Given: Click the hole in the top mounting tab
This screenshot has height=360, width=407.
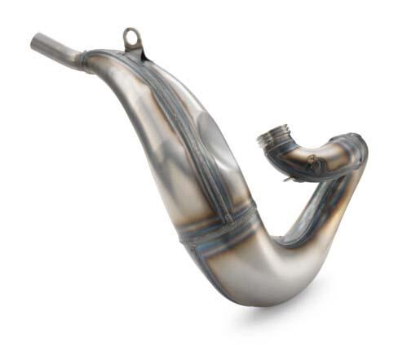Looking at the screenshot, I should (x=131, y=37).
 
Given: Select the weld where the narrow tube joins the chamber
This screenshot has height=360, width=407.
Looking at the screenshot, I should (x=86, y=59).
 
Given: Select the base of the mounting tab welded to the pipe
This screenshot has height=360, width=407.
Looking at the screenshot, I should (x=132, y=55).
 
